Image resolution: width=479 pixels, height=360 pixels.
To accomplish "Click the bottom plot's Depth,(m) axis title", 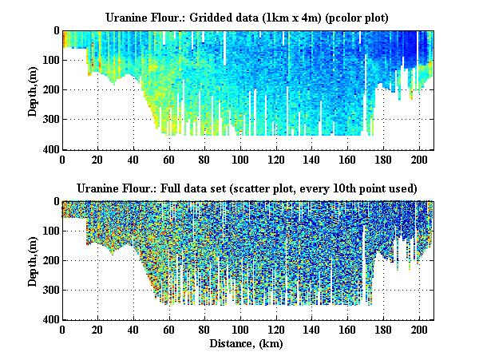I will click(34, 260).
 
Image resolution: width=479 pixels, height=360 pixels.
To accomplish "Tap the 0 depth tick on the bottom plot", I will click(55, 201).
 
